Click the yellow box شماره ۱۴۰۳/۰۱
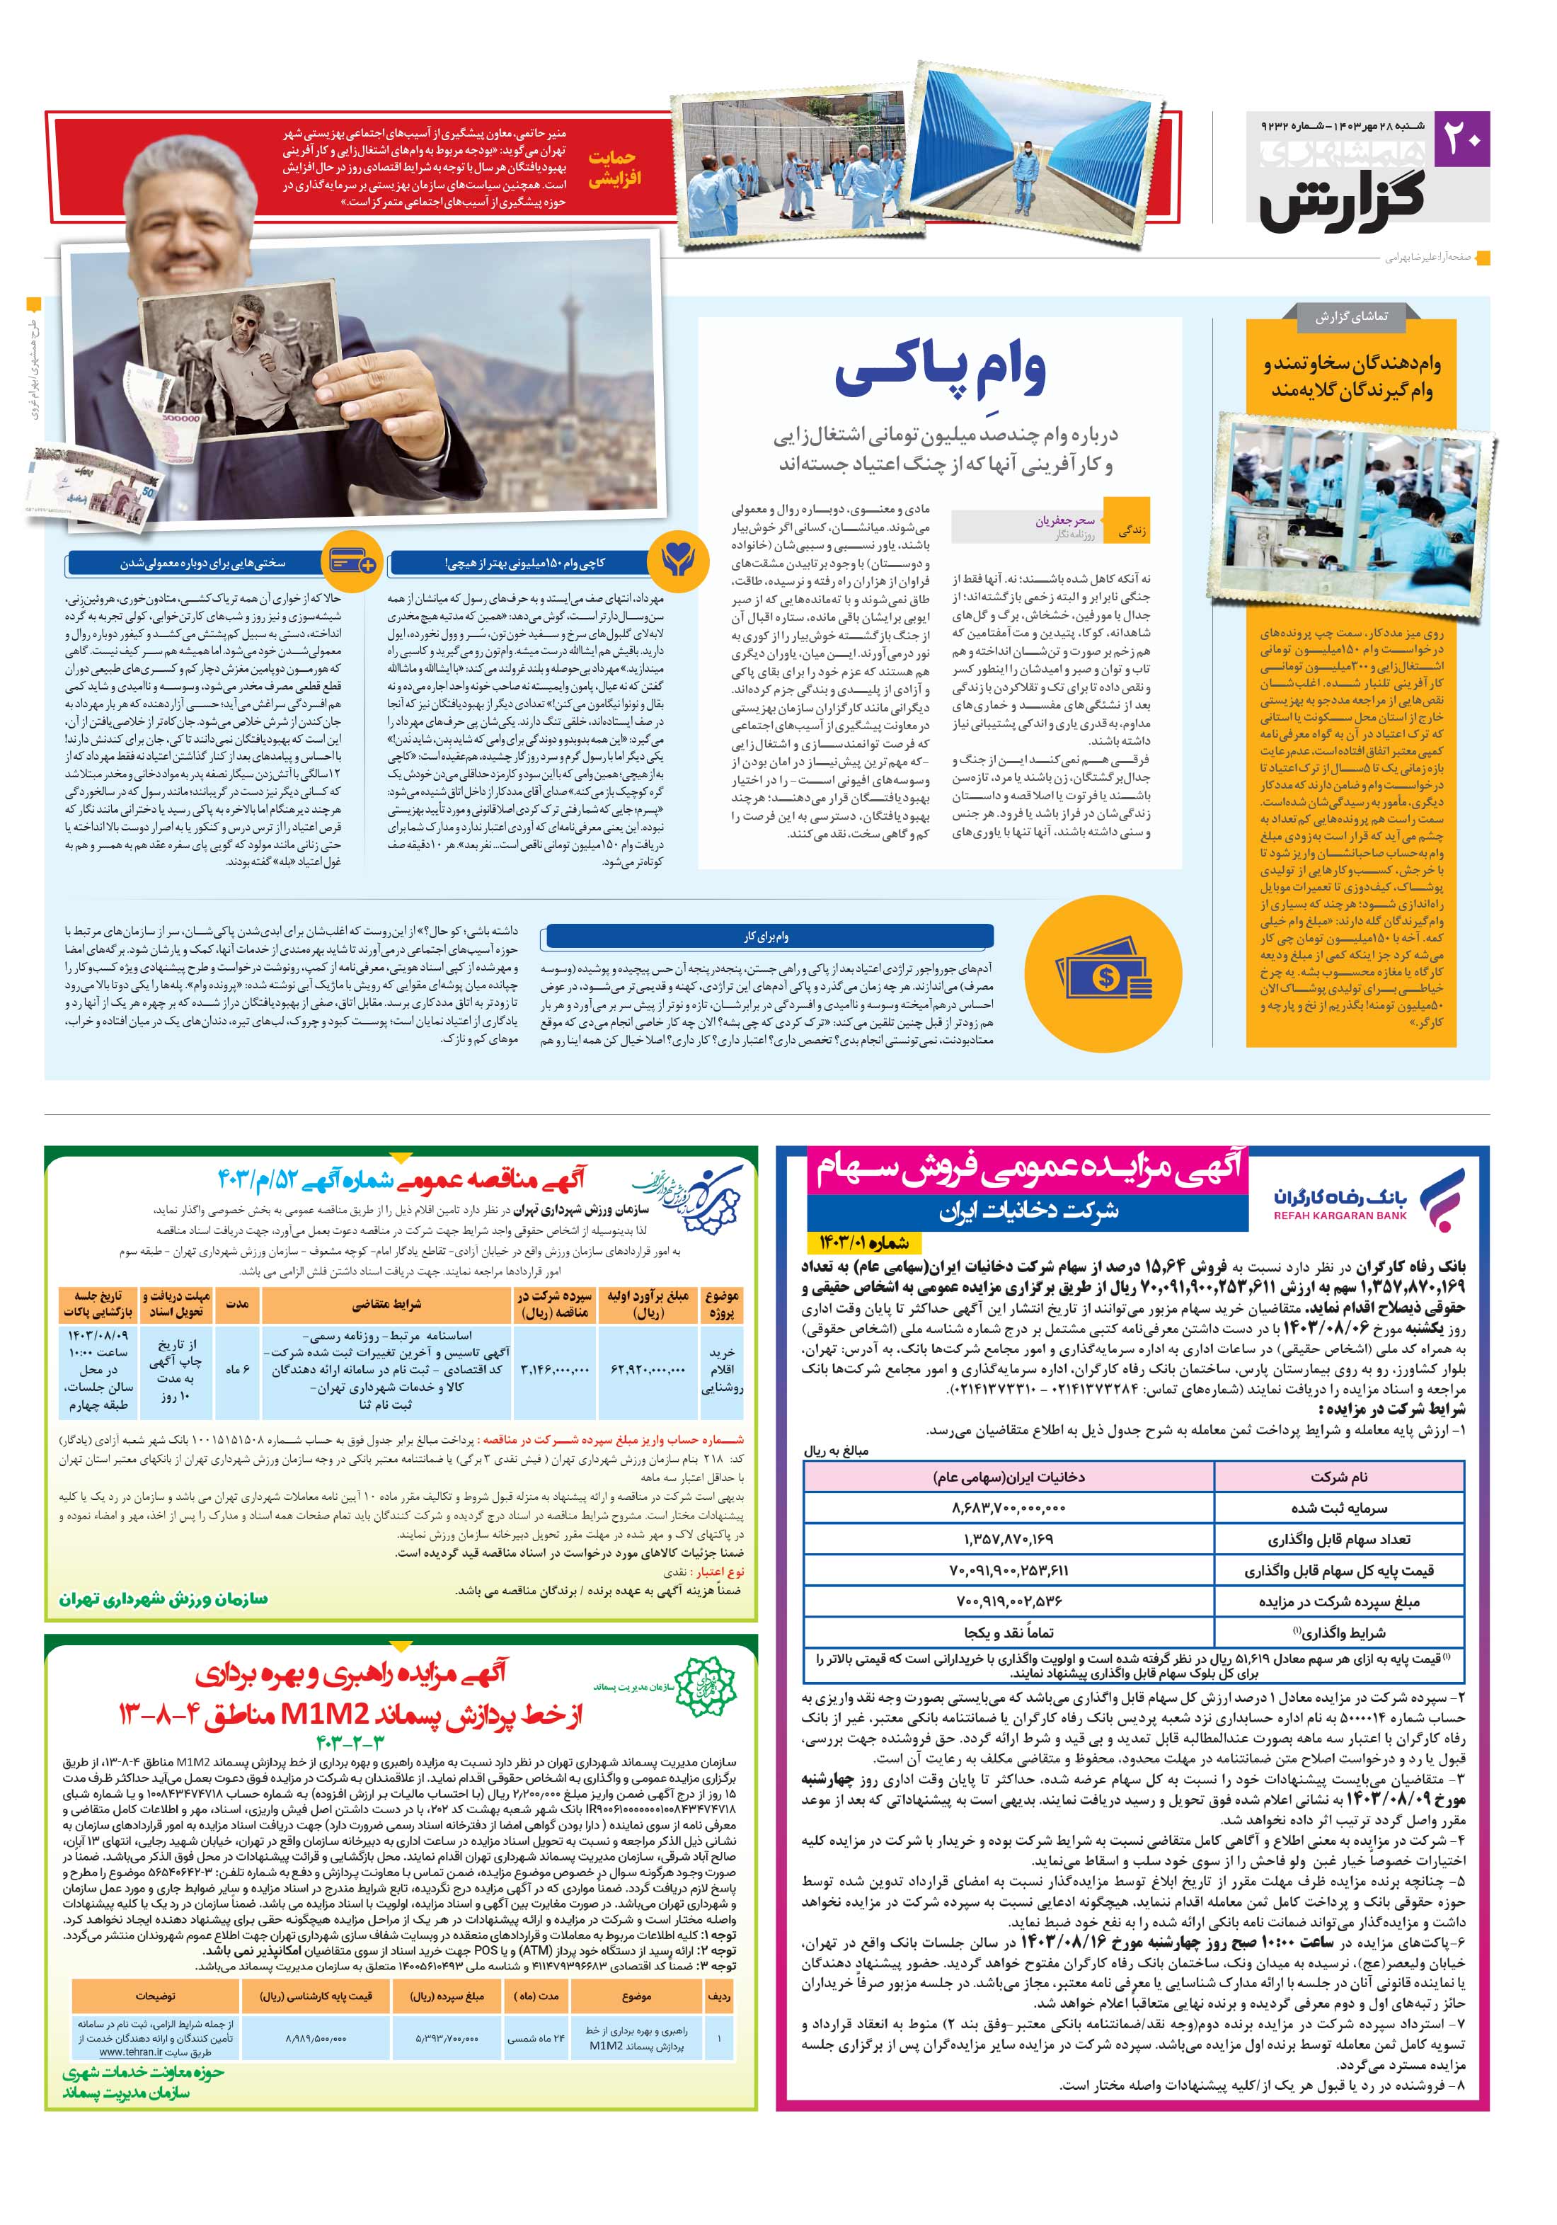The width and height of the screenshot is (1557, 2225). [x=858, y=1243]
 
